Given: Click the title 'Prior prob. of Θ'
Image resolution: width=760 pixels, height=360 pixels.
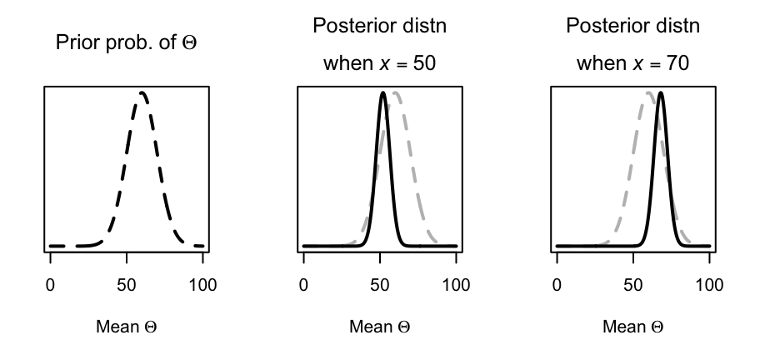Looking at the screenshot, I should pos(126,43).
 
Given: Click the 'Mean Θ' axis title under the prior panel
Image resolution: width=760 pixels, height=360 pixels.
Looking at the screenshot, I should pos(126,327).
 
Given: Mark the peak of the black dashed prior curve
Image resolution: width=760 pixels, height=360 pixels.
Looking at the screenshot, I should pos(142,92).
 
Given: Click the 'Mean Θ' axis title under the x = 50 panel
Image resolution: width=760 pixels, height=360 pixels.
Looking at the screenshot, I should pos(379,327).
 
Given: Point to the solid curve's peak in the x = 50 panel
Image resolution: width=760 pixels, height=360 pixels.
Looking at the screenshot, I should pos(382,92).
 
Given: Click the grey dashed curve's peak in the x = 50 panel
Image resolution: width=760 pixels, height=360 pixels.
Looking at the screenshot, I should pos(395,92).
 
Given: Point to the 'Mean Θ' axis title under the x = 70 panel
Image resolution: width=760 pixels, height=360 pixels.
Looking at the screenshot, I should pos(632,327).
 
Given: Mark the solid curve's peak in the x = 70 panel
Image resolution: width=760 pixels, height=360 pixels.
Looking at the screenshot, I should pos(660,92).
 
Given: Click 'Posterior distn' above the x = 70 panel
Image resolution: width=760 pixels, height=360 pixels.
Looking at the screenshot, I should pos(632,26).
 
